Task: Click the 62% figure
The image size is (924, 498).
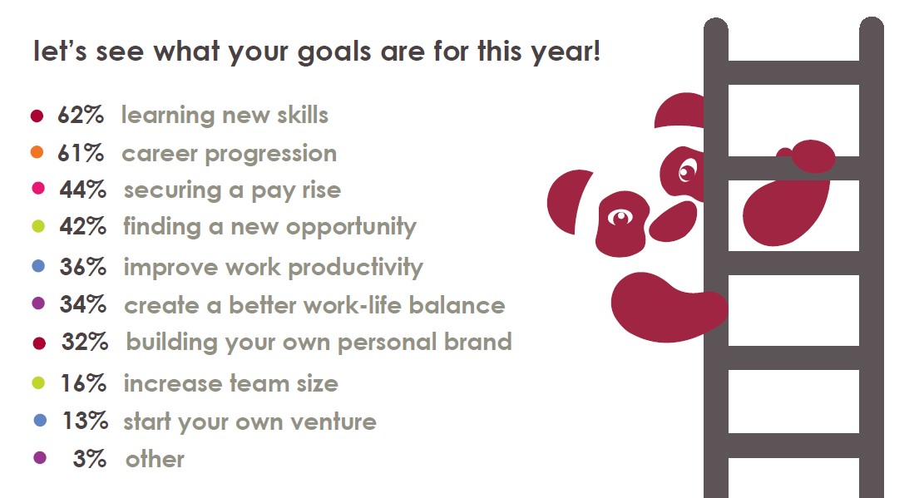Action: pyautogui.click(x=81, y=115)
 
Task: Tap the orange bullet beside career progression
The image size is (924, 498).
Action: pyautogui.click(x=37, y=152)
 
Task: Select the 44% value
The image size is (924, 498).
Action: pyautogui.click(x=82, y=190)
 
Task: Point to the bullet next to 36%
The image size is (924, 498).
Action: pyautogui.click(x=38, y=266)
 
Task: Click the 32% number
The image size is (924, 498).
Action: pyautogui.click(x=85, y=342)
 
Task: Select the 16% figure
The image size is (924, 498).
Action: pyautogui.click(x=83, y=383)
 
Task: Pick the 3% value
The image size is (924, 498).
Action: pyautogui.click(x=90, y=459)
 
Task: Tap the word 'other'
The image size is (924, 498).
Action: pyautogui.click(x=155, y=459)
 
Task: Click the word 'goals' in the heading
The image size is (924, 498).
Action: pyautogui.click(x=334, y=52)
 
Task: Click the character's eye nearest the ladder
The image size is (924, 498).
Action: pyautogui.click(x=687, y=171)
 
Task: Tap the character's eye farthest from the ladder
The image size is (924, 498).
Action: pyautogui.click(x=620, y=218)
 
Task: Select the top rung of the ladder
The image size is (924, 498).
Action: pyautogui.click(x=793, y=72)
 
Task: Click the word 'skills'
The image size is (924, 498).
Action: pyautogui.click(x=303, y=115)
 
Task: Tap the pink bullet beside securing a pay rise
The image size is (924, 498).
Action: pyautogui.click(x=37, y=189)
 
